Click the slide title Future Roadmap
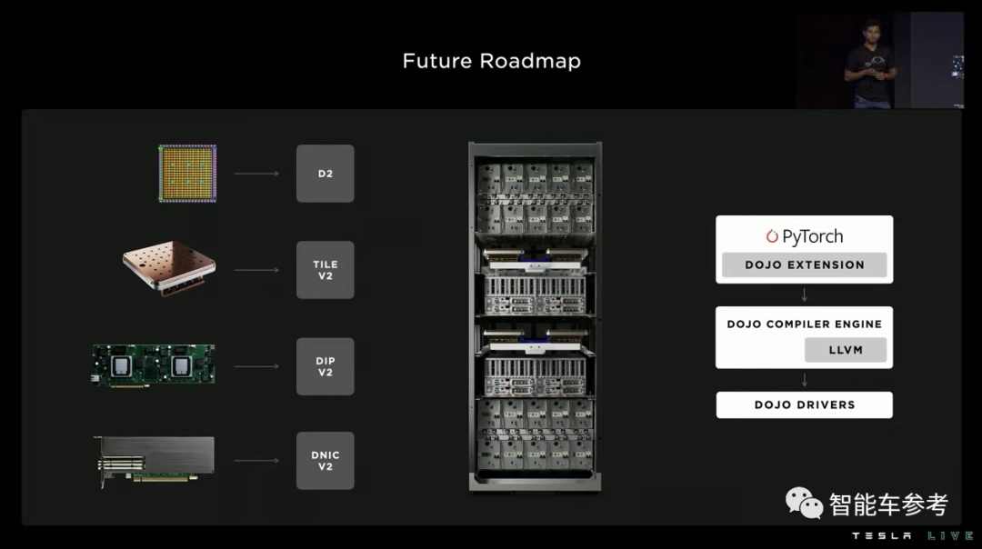coord(491,61)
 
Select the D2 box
coord(325,173)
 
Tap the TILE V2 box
coord(325,270)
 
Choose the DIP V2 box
coord(325,366)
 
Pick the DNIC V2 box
coord(325,461)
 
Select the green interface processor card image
coord(154,364)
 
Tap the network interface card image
coord(155,461)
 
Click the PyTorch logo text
coord(804,236)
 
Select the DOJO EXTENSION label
coord(804,265)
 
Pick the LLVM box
coord(846,350)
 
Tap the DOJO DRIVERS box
coord(804,404)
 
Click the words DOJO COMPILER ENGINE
coord(804,324)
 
